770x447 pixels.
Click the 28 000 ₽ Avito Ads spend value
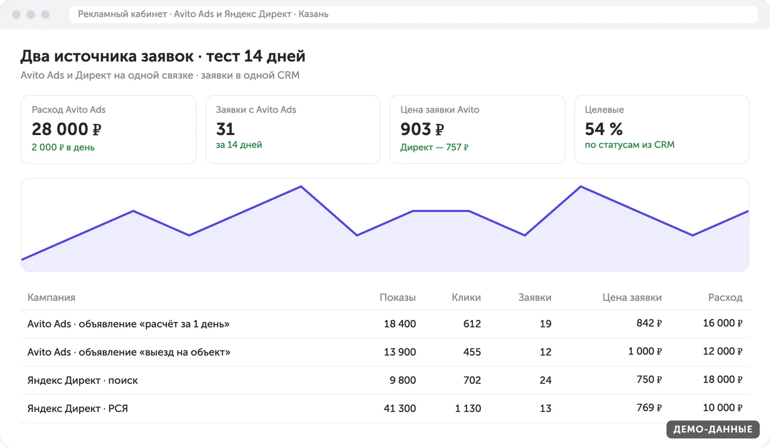[x=67, y=129]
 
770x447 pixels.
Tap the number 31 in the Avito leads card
[x=226, y=129]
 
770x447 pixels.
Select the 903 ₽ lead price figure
[x=422, y=129]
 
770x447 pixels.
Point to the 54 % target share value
[x=604, y=129]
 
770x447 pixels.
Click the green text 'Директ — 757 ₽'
[x=434, y=147]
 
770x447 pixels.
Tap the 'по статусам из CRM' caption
[x=630, y=145]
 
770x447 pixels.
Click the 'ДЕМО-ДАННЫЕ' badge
[x=713, y=429]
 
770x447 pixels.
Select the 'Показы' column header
[x=398, y=297]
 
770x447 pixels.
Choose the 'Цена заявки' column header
[x=632, y=297]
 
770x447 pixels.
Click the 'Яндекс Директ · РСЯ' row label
[x=78, y=408]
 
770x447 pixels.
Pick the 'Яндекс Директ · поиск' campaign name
[x=82, y=380]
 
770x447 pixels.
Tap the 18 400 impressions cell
[x=400, y=323]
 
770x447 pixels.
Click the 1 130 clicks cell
[x=468, y=408]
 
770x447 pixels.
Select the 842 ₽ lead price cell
[x=649, y=323]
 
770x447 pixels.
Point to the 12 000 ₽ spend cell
[x=723, y=351]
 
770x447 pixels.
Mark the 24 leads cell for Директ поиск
[x=546, y=380]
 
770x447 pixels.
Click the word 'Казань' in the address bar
[x=313, y=14]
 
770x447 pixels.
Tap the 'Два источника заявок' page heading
[x=107, y=56]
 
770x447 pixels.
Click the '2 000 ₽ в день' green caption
[x=63, y=147]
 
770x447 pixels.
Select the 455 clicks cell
[x=472, y=352]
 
